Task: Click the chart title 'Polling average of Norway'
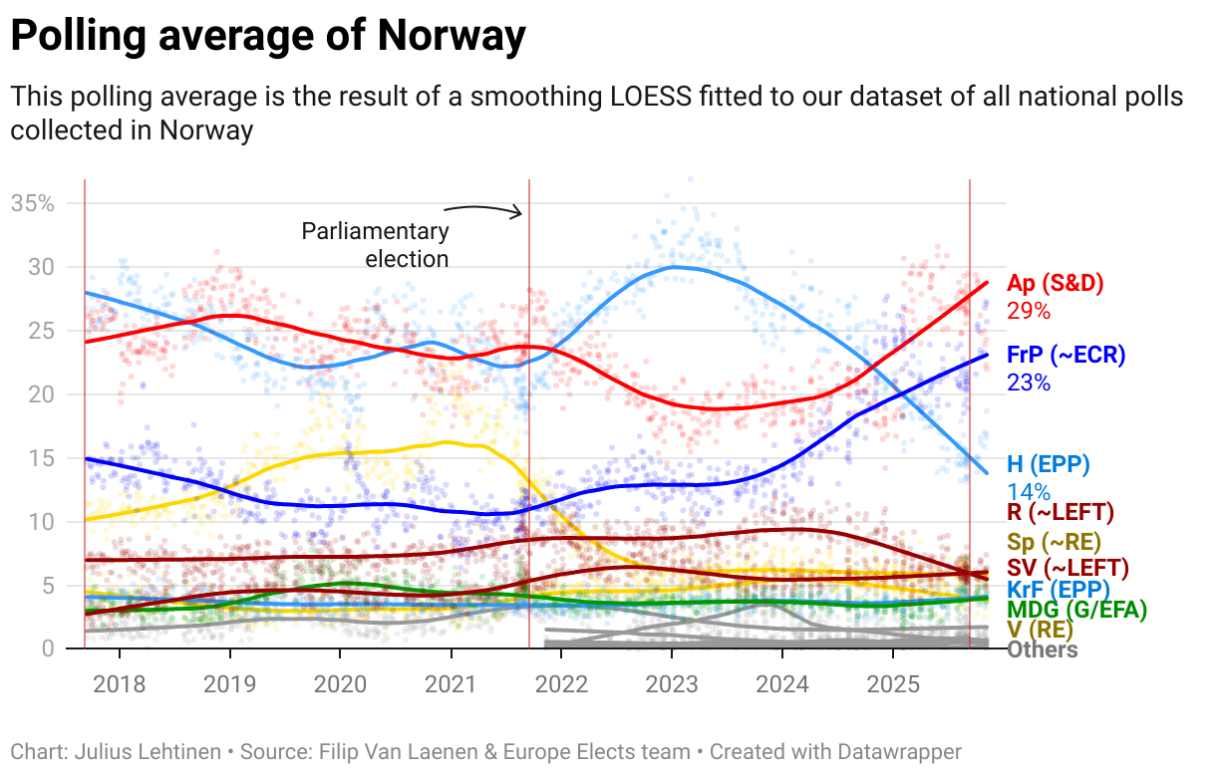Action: coord(267,37)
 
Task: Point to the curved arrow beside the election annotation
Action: coord(483,208)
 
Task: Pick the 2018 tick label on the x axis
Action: coord(119,685)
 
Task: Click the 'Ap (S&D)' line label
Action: coord(1055,283)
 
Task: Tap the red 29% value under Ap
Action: coord(1029,311)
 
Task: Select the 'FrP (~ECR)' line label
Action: coord(1065,355)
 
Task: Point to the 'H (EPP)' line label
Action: coord(1048,464)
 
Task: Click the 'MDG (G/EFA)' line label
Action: coord(1076,609)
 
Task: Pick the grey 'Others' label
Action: coord(1042,649)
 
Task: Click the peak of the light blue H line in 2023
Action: coord(675,267)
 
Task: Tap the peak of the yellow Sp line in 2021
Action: coord(448,441)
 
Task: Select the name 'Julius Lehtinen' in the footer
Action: coord(148,752)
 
